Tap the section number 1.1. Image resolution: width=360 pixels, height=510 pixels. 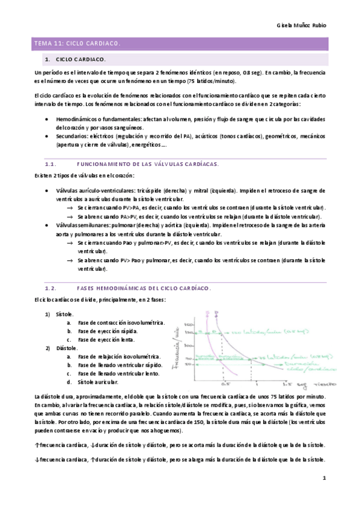[x=50, y=164]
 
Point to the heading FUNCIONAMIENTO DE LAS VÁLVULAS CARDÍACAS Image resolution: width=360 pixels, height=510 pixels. [x=148, y=164]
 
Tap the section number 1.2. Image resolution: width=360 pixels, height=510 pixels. [x=50, y=289]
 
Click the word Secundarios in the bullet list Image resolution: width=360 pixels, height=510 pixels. [x=75, y=136]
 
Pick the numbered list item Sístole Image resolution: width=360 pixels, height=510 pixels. [x=64, y=314]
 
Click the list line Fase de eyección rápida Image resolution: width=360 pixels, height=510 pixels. [x=108, y=331]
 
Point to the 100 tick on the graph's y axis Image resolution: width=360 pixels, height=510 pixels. [x=189, y=346]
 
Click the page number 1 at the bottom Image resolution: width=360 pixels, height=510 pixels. [x=323, y=479]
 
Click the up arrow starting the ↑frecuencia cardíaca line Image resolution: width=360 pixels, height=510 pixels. [x=37, y=445]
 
